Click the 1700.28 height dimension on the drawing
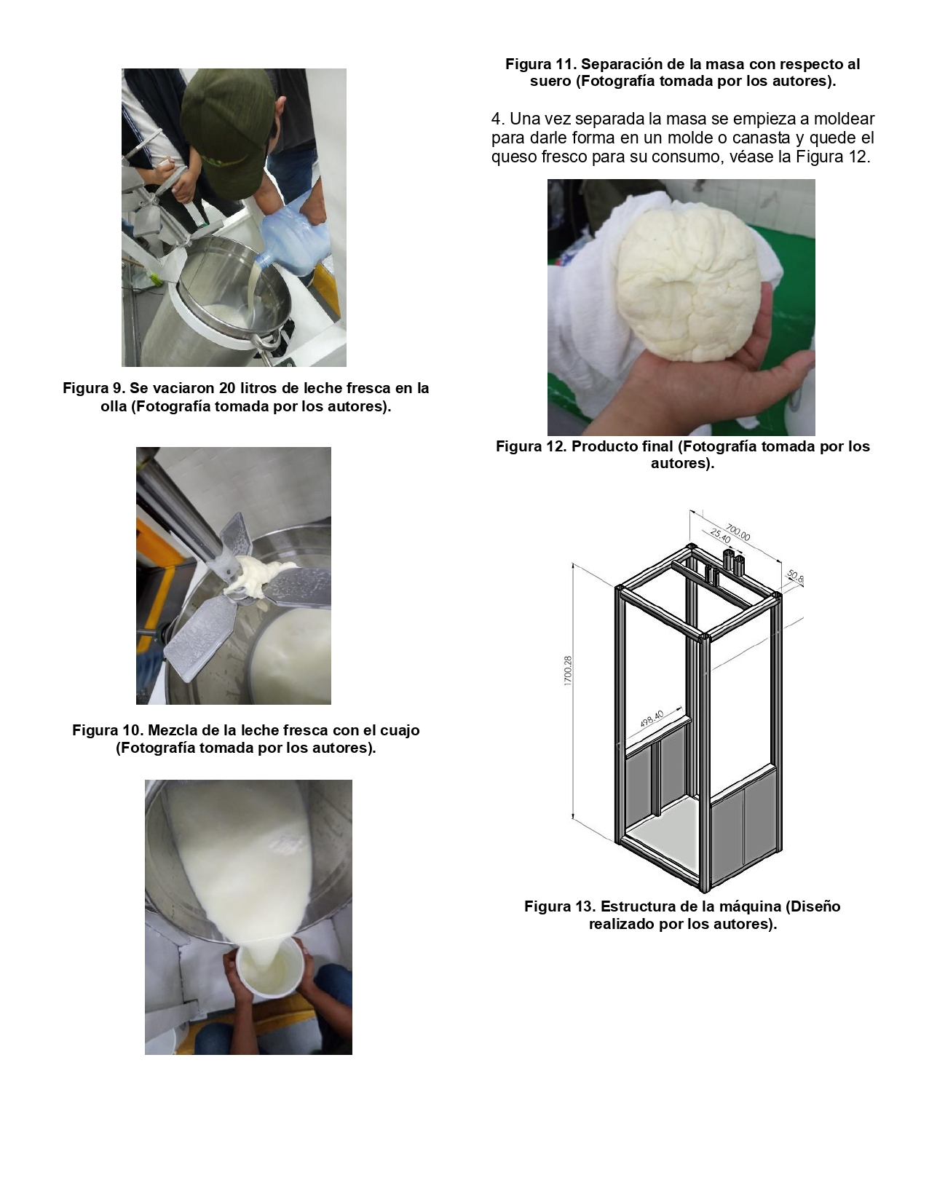pyautogui.click(x=568, y=671)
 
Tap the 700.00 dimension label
pyautogui.click(x=738, y=533)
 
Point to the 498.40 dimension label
pyautogui.click(x=652, y=719)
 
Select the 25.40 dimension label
pyautogui.click(x=721, y=536)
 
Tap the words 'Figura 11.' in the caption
pyautogui.click(x=541, y=64)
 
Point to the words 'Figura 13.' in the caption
pyautogui.click(x=560, y=906)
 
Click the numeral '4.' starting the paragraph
pyautogui.click(x=498, y=119)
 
